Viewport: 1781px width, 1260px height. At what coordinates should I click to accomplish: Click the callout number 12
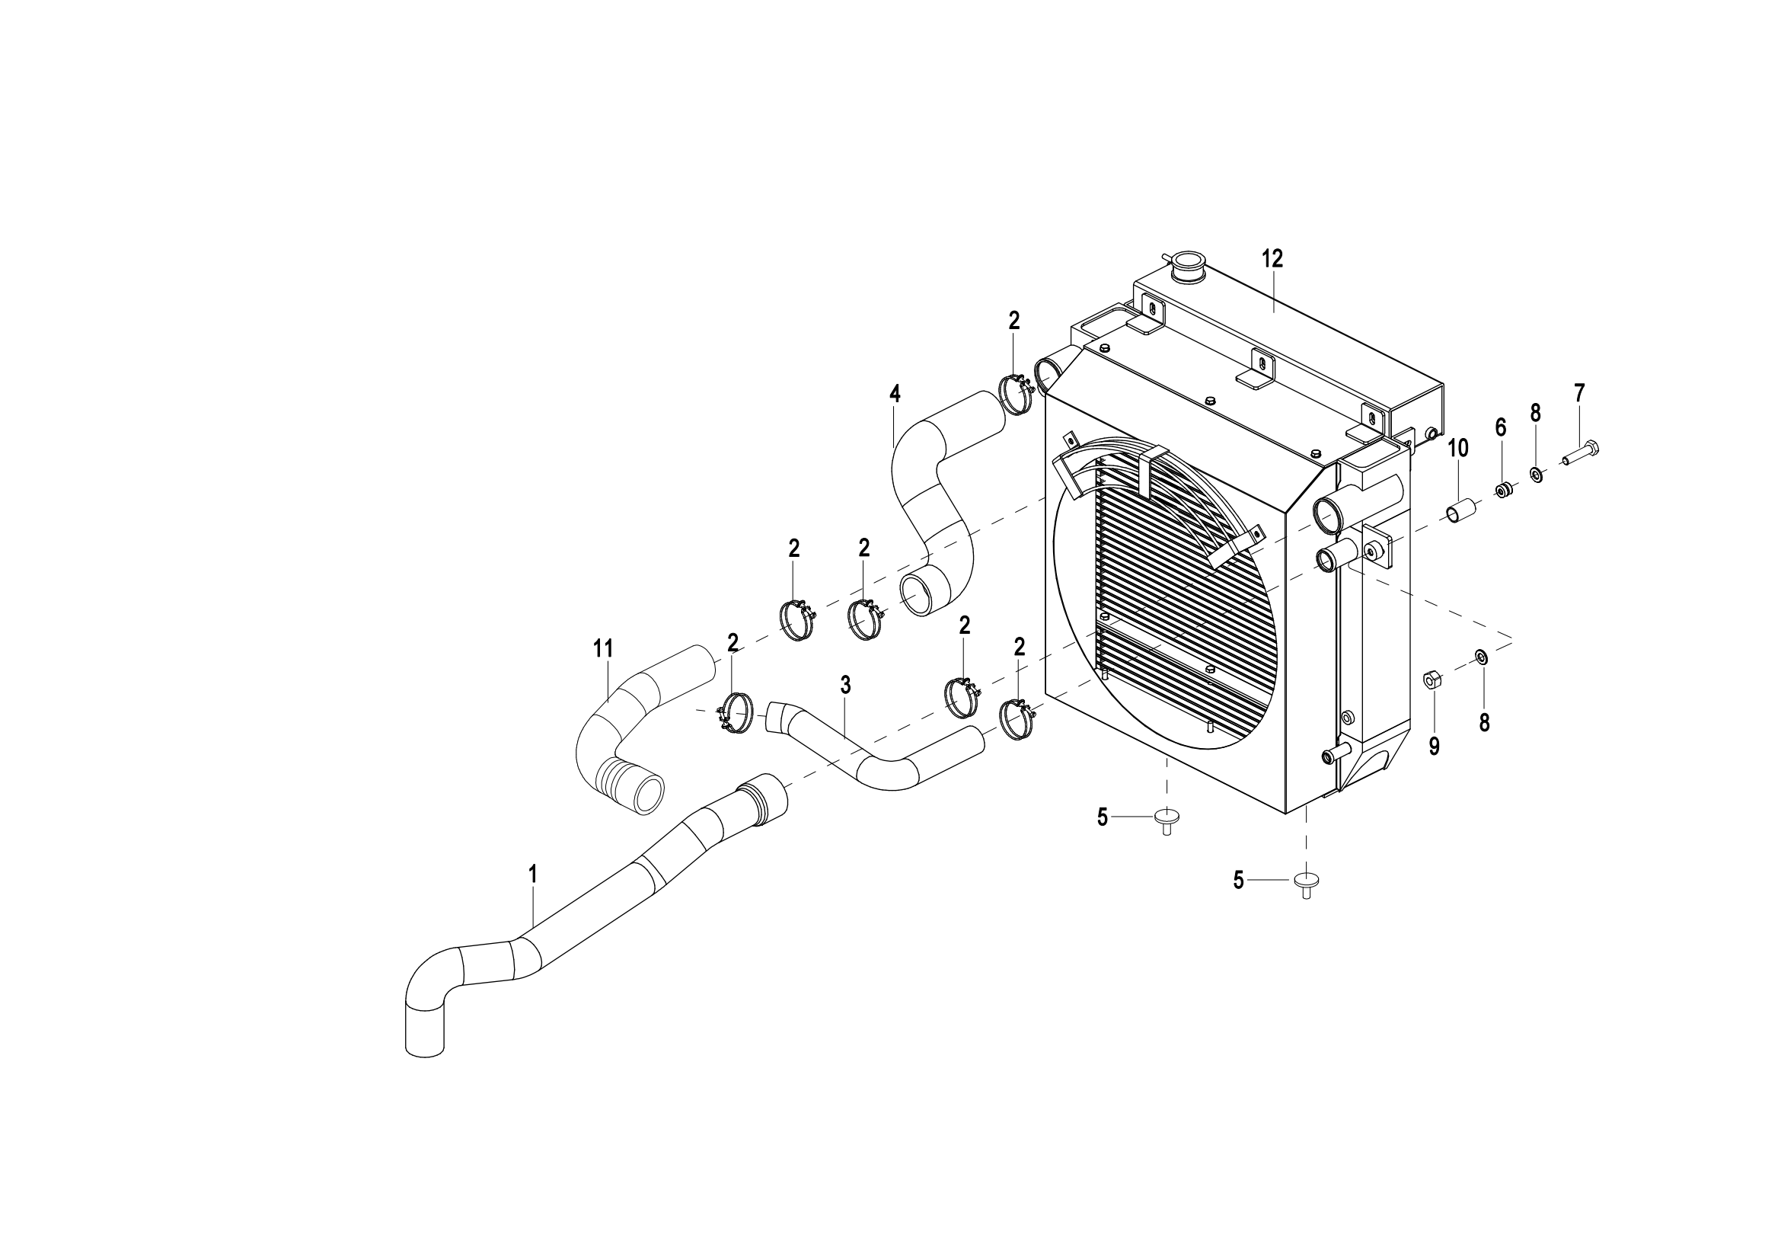pyautogui.click(x=1272, y=259)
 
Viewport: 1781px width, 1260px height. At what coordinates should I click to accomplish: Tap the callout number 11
pyautogui.click(x=603, y=648)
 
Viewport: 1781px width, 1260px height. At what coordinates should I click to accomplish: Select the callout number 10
pyautogui.click(x=1457, y=448)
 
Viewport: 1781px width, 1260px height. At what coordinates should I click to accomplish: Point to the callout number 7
pyautogui.click(x=1579, y=393)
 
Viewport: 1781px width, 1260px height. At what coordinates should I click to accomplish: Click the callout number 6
pyautogui.click(x=1500, y=427)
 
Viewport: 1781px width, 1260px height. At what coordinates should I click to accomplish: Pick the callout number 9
pyautogui.click(x=1435, y=747)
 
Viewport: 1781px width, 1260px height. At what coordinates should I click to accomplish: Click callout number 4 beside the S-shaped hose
pyautogui.click(x=895, y=393)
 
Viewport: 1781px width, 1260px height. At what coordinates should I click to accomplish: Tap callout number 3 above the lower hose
pyautogui.click(x=845, y=684)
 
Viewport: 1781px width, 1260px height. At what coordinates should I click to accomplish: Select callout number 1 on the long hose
pyautogui.click(x=533, y=874)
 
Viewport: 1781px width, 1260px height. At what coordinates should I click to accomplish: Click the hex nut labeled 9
pyautogui.click(x=1433, y=680)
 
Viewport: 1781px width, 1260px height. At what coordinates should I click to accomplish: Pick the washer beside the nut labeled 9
pyautogui.click(x=1481, y=658)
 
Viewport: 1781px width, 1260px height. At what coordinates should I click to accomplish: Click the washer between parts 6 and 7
pyautogui.click(x=1535, y=473)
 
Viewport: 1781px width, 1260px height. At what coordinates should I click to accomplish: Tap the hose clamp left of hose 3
pyautogui.click(x=736, y=713)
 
